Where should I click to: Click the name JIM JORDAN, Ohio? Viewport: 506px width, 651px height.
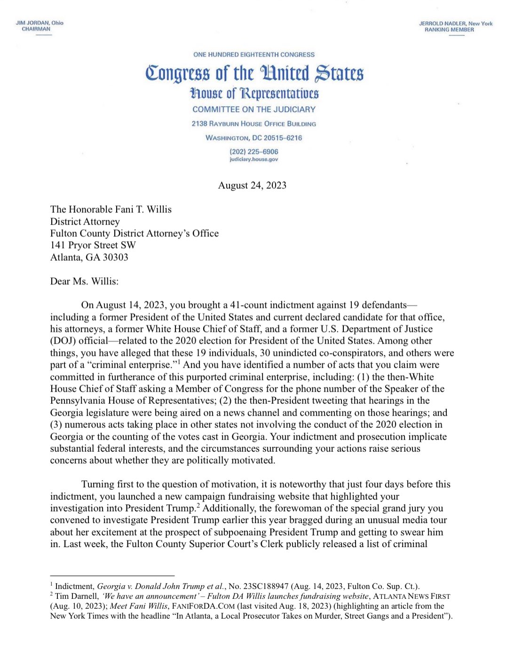pyautogui.click(x=40, y=23)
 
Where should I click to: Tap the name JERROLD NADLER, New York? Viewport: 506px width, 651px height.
pyautogui.click(x=456, y=24)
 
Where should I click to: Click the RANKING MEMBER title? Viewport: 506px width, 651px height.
pyautogui.click(x=449, y=30)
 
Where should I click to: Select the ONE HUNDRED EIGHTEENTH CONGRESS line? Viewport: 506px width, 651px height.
pyautogui.click(x=254, y=55)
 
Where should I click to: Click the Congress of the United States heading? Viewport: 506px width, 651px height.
pyautogui.click(x=254, y=73)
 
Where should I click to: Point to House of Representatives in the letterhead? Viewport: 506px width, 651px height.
pyautogui.click(x=254, y=93)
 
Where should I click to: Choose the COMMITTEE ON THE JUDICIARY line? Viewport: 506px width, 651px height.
pyautogui.click(x=254, y=110)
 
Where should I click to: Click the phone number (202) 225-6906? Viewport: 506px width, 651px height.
pyautogui.click(x=254, y=151)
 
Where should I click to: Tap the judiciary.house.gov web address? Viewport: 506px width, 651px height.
pyautogui.click(x=254, y=159)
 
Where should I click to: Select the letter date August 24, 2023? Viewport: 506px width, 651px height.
pyautogui.click(x=252, y=185)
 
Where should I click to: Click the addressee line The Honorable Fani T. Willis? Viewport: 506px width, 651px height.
pyautogui.click(x=111, y=209)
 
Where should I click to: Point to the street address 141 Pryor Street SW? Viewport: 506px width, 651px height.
pyautogui.click(x=93, y=245)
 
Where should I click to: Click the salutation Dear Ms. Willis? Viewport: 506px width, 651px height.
pyautogui.click(x=85, y=281)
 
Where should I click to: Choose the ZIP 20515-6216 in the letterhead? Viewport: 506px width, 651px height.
pyautogui.click(x=283, y=138)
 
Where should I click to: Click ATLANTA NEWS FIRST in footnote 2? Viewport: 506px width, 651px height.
pyautogui.click(x=411, y=596)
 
